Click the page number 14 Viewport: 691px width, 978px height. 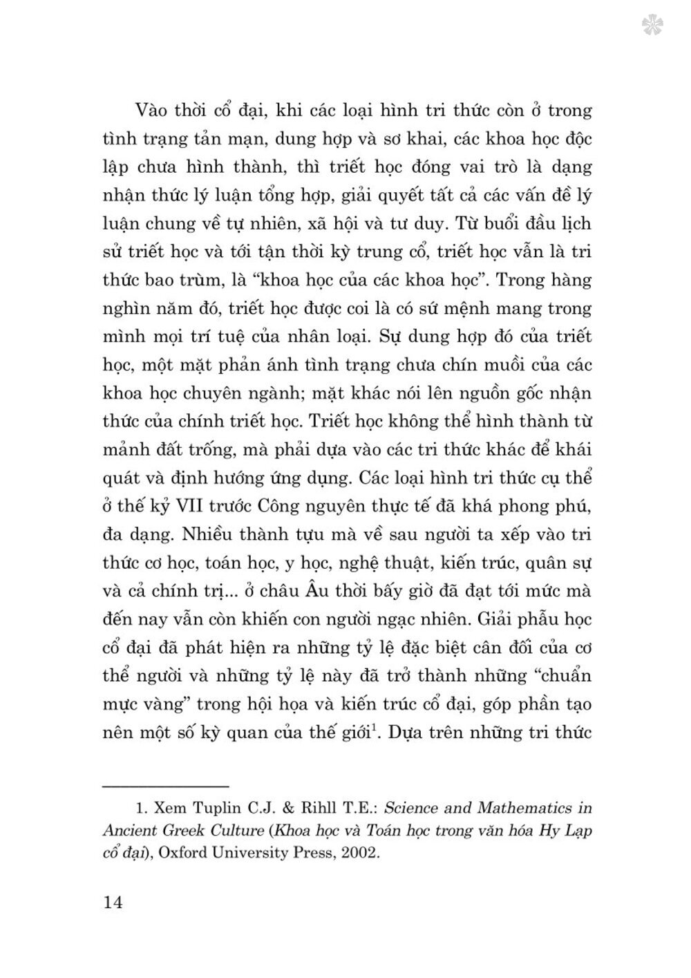pyautogui.click(x=112, y=903)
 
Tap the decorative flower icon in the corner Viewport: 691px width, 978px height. pyautogui.click(x=652, y=26)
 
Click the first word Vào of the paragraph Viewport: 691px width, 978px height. pyautogui.click(x=153, y=111)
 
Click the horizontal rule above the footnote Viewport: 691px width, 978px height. pyautogui.click(x=165, y=787)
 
